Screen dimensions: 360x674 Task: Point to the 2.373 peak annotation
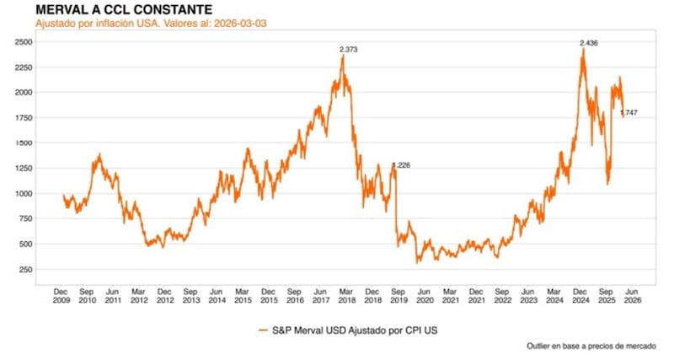(349, 51)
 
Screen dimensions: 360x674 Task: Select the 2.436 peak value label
(589, 43)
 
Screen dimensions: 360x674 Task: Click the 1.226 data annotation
(400, 165)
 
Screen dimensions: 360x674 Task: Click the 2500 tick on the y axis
(24, 40)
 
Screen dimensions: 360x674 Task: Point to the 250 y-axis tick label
(26, 270)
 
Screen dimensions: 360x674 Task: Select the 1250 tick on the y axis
(24, 168)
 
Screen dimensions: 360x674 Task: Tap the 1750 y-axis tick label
(24, 117)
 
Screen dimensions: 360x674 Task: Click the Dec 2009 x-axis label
(62, 294)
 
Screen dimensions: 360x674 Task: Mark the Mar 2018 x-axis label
(347, 294)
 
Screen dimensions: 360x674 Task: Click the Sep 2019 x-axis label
(399, 294)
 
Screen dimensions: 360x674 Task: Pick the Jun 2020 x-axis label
(425, 294)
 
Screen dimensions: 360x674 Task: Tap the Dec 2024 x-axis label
(580, 294)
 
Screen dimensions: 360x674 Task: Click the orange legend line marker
(263, 330)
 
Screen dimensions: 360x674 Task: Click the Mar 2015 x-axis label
(243, 294)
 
